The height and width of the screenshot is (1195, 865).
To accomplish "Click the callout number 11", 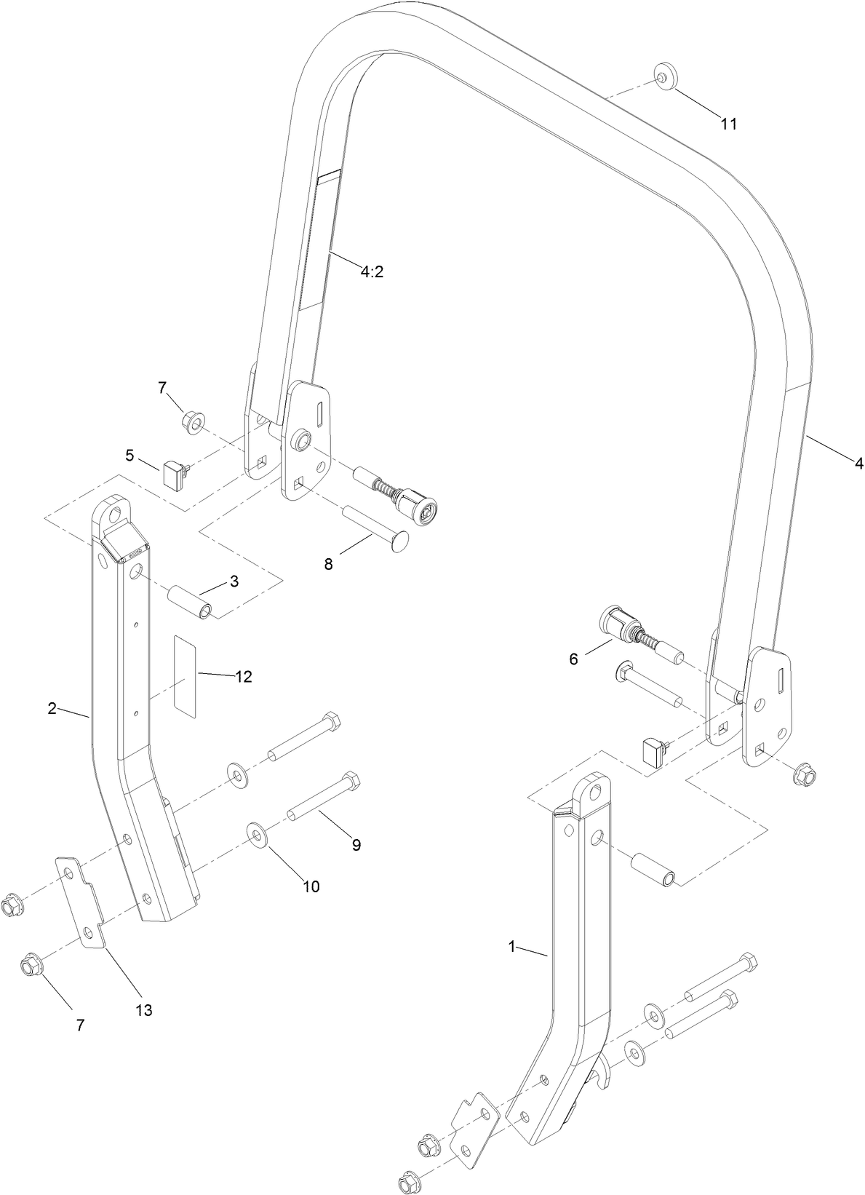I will pyautogui.click(x=728, y=124).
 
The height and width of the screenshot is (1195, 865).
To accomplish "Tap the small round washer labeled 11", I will pyautogui.click(x=663, y=76).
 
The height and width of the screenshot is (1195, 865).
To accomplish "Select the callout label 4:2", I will pyautogui.click(x=371, y=271).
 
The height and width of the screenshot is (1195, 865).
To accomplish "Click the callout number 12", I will pyautogui.click(x=243, y=677).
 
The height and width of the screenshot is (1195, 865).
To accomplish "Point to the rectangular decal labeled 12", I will pyautogui.click(x=184, y=676).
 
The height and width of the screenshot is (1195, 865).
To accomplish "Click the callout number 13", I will pyautogui.click(x=144, y=1010).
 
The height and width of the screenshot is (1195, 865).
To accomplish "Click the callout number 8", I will pyautogui.click(x=328, y=564).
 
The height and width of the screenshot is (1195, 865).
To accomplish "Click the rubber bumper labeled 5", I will pyautogui.click(x=175, y=475).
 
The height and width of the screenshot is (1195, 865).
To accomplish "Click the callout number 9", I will pyautogui.click(x=356, y=845).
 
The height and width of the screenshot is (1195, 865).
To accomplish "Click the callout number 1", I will pyautogui.click(x=511, y=946).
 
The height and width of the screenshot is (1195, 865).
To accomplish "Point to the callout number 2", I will pyautogui.click(x=52, y=708).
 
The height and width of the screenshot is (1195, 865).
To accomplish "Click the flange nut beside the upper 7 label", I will pyautogui.click(x=193, y=421).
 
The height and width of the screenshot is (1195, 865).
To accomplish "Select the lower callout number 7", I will pyautogui.click(x=80, y=1025).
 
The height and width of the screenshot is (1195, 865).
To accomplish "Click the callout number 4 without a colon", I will pyautogui.click(x=858, y=463).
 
